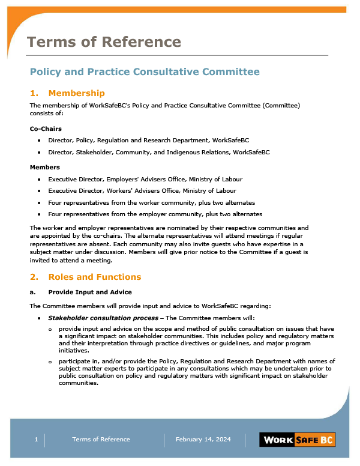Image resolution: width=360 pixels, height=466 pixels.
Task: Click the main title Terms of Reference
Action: point(104,41)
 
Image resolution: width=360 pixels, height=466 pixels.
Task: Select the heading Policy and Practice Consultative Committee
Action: point(145,71)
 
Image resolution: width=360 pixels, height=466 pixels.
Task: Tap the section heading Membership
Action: point(76,93)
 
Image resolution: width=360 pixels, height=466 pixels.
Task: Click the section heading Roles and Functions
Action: point(94,277)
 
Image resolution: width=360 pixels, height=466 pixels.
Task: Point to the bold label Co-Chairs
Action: point(46,129)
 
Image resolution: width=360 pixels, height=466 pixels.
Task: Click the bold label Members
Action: point(44,167)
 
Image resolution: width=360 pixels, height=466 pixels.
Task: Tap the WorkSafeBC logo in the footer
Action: point(298,440)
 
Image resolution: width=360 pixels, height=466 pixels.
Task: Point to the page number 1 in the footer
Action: point(36,440)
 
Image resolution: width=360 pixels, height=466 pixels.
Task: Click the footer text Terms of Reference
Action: point(101,440)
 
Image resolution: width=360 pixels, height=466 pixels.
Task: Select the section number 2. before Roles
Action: point(34,277)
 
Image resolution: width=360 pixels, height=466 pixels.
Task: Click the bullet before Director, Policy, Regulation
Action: point(39,141)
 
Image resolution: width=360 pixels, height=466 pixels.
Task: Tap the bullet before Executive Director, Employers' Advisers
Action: point(39,180)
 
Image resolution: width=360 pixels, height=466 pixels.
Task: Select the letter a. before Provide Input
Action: point(32,292)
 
